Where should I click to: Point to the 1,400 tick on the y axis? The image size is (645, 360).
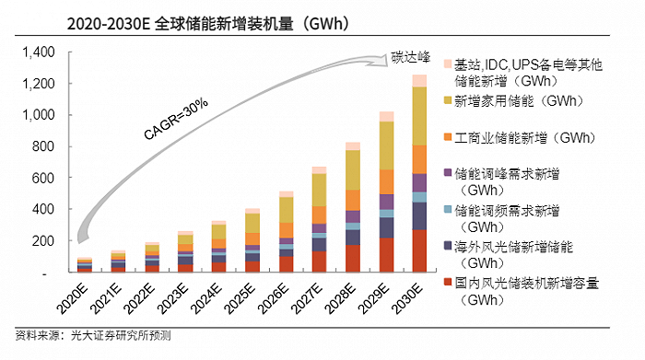40,52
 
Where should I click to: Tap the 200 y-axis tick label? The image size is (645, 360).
46,241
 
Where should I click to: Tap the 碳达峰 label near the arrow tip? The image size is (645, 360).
409,44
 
